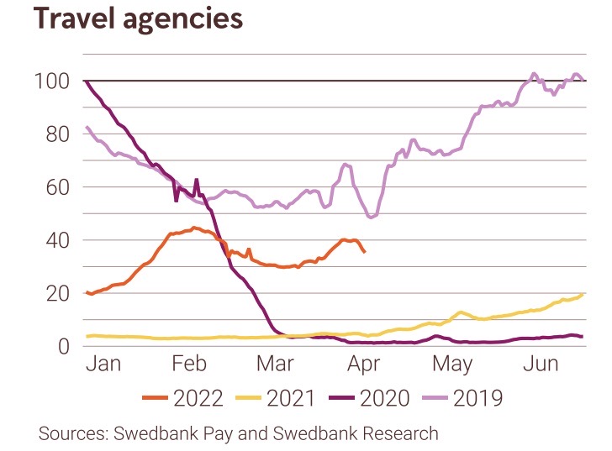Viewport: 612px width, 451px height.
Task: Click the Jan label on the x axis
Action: [104, 364]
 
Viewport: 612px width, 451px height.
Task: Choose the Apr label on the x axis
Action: [364, 364]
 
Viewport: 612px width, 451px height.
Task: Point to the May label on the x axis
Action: [452, 364]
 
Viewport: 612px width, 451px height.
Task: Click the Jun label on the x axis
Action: [541, 364]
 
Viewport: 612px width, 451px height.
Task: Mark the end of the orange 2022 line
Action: [364, 252]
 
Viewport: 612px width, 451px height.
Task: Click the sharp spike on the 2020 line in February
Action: [197, 180]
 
